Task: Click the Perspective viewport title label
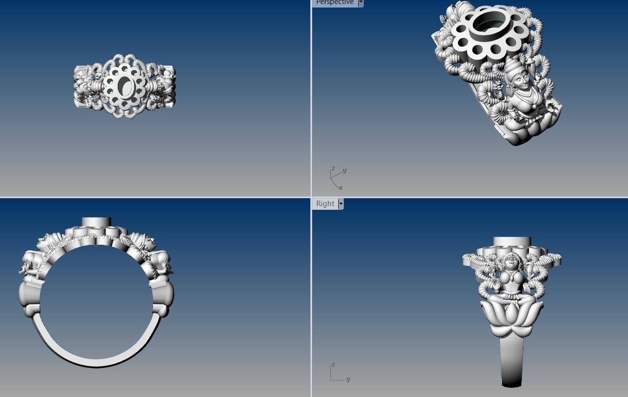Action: click(334, 3)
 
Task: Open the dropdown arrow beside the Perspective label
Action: click(360, 3)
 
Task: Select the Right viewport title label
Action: click(325, 204)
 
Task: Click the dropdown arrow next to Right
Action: click(341, 204)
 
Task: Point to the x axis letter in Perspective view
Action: click(341, 188)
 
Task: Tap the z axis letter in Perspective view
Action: click(333, 168)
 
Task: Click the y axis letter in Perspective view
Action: click(345, 171)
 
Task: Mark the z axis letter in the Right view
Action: click(333, 365)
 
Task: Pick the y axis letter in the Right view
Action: click(348, 379)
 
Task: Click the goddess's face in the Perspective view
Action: click(515, 78)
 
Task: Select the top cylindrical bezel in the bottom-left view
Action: click(96, 222)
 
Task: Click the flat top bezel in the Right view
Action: click(511, 242)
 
